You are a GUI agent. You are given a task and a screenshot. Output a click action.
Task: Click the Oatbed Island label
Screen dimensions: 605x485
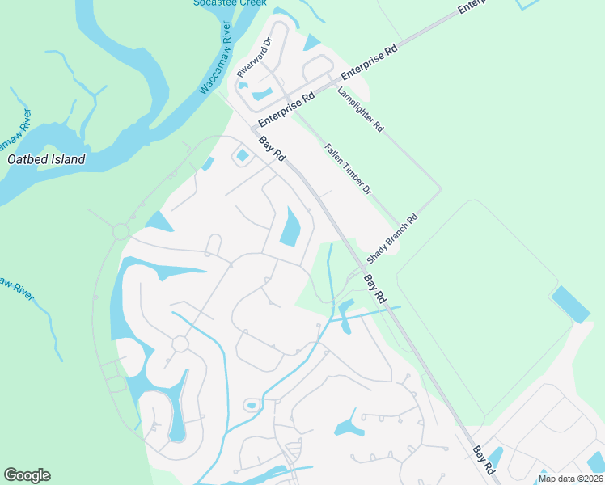click(x=46, y=159)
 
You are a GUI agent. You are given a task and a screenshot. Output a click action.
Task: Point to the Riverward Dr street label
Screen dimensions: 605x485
click(x=254, y=57)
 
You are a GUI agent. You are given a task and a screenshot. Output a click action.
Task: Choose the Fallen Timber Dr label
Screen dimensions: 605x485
click(x=348, y=168)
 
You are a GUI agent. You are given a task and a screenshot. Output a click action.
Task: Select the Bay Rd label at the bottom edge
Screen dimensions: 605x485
click(x=484, y=459)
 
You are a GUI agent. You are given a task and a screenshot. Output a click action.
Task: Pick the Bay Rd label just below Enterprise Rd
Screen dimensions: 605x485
click(x=272, y=150)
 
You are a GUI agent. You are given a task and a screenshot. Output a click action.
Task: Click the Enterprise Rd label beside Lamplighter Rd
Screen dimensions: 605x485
click(x=370, y=61)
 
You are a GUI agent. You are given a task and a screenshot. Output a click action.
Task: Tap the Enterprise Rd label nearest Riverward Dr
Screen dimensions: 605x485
click(x=286, y=110)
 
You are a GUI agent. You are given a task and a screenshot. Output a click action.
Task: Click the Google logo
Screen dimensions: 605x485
click(x=27, y=475)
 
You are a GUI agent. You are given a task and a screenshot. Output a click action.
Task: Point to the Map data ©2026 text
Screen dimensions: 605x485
click(x=570, y=479)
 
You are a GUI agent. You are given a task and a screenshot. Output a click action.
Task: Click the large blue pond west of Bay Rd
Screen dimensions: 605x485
click(x=290, y=227)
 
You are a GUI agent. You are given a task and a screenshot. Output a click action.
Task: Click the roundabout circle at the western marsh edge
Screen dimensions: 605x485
click(x=121, y=232)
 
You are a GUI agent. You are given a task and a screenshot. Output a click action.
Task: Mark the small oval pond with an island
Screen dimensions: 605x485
click(x=251, y=405)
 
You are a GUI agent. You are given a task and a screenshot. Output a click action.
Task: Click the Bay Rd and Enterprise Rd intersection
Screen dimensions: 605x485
click(x=252, y=128)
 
